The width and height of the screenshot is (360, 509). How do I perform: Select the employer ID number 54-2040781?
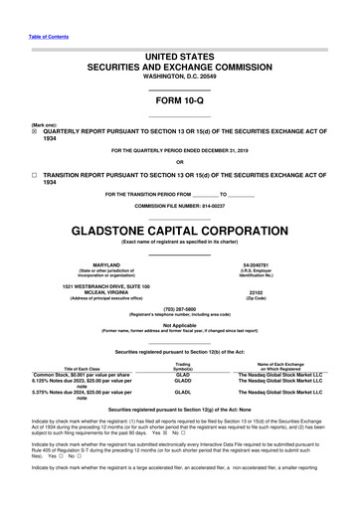click(x=255, y=264)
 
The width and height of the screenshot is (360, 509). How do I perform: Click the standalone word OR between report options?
click(x=179, y=162)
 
